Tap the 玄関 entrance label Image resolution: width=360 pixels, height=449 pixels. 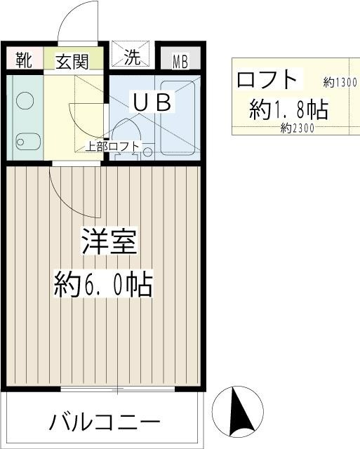72,61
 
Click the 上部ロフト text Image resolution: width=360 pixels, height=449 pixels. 113,147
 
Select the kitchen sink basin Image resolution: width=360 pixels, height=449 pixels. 25,141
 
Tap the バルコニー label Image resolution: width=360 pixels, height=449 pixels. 104,422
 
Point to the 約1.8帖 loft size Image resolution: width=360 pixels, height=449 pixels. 288,109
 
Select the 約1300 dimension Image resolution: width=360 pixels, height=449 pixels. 340,82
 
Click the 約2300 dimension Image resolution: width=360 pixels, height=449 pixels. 296,128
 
